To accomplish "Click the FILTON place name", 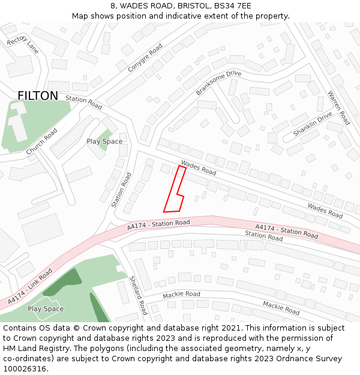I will [38, 96].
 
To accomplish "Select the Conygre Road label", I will [145, 58].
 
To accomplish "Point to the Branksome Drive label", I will [218, 83].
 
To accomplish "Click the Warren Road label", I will [338, 107].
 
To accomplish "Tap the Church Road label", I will [42, 141].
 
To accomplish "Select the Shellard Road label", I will [139, 295].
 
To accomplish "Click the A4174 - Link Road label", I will [30, 286].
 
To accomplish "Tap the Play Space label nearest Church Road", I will [104, 142].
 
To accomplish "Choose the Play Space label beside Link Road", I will [46, 309].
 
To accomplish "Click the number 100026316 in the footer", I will [26, 369].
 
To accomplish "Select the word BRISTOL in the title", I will [182, 6].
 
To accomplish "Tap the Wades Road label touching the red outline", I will [198, 167].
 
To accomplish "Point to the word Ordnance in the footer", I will [292, 359].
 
